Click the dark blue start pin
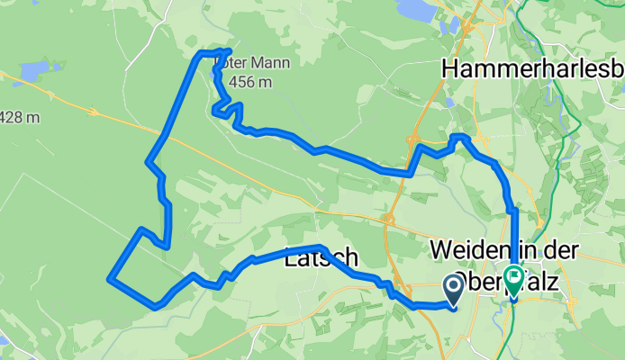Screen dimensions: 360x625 pyautogui.click(x=452, y=288)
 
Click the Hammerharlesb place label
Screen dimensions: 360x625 pyautogui.click(x=532, y=69)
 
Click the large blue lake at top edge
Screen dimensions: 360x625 pyautogui.click(x=415, y=9)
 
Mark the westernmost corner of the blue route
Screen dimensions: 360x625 pyautogui.click(x=110, y=278)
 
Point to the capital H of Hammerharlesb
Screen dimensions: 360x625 pyautogui.click(x=451, y=69)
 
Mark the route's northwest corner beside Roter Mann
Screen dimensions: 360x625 pyautogui.click(x=200, y=55)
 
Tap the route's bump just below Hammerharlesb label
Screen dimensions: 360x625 pyautogui.click(x=460, y=137)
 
